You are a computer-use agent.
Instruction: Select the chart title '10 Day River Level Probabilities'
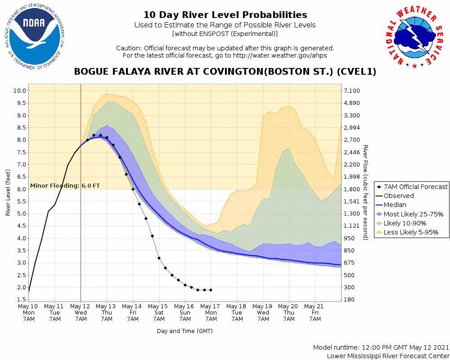[225, 15]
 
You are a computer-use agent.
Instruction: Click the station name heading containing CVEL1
[225, 72]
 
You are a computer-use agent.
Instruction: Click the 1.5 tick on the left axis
[21, 299]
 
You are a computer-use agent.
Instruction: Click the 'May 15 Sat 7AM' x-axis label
[159, 312]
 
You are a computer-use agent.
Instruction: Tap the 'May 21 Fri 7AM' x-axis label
[315, 312]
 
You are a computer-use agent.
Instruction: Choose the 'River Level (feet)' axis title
[8, 192]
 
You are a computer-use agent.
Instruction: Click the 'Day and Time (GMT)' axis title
[184, 331]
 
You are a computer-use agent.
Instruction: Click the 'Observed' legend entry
[399, 196]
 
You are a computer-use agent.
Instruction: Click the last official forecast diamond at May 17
[211, 290]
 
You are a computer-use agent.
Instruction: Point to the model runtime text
[381, 348]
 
